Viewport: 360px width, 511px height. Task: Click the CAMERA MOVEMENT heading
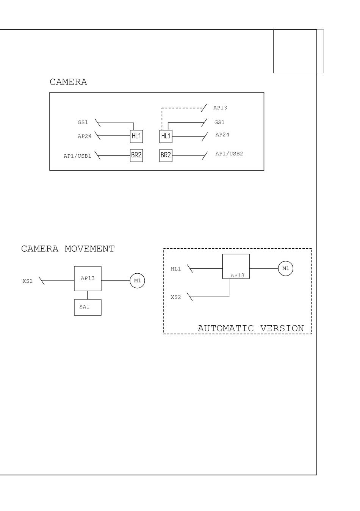pos(68,249)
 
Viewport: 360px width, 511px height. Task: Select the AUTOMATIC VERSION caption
pos(250,328)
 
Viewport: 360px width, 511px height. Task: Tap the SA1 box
pos(88,307)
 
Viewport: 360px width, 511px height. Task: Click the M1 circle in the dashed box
pos(285,268)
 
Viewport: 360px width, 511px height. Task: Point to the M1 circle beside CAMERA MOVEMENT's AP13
pos(138,281)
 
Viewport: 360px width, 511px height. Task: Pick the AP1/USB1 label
pos(77,156)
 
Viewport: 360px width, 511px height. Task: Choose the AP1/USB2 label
pos(229,154)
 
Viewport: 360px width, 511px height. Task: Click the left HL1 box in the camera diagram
pos(136,136)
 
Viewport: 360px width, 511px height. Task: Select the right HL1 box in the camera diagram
pos(166,136)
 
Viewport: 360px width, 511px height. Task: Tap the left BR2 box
pos(136,155)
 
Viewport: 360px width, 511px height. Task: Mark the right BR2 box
pos(166,155)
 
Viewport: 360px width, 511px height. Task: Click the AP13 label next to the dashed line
pos(220,108)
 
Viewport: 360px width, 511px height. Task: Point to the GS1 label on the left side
pos(83,122)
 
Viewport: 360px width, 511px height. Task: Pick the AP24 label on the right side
pos(222,135)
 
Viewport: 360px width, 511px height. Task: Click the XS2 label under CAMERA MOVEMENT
pos(28,281)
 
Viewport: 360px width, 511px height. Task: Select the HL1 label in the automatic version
pos(176,269)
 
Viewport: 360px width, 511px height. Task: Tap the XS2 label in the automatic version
pos(176,297)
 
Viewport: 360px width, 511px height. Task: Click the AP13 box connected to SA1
pos(88,279)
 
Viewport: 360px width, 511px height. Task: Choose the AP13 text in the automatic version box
pos(237,276)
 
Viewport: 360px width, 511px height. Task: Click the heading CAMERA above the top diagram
pos(68,82)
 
